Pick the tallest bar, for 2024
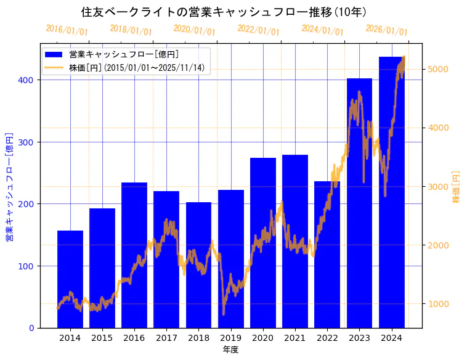(x=391, y=192)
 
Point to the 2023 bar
(x=359, y=203)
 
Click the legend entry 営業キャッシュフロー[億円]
(x=124, y=54)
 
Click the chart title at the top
(x=224, y=12)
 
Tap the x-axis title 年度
(x=230, y=350)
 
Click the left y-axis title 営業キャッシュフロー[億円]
(x=9, y=186)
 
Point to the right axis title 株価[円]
(x=457, y=187)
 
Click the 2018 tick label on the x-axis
(x=198, y=338)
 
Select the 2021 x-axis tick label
(x=294, y=338)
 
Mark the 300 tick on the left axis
(x=28, y=142)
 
